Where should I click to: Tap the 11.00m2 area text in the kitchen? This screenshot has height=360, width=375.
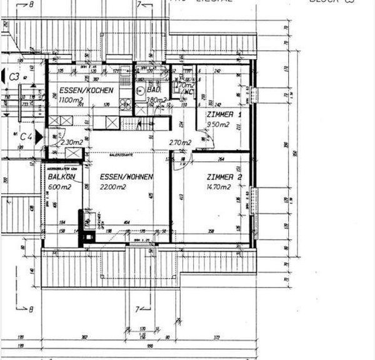[x=70, y=100]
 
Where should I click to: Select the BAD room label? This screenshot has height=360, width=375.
[x=154, y=90]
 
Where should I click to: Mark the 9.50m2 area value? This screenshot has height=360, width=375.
[x=218, y=124]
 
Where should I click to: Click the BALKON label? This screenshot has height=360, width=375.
[x=61, y=177]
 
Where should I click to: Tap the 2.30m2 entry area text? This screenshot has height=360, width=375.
[x=72, y=142]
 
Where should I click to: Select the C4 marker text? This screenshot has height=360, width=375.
[x=26, y=136]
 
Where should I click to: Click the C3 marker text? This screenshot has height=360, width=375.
[x=14, y=77]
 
